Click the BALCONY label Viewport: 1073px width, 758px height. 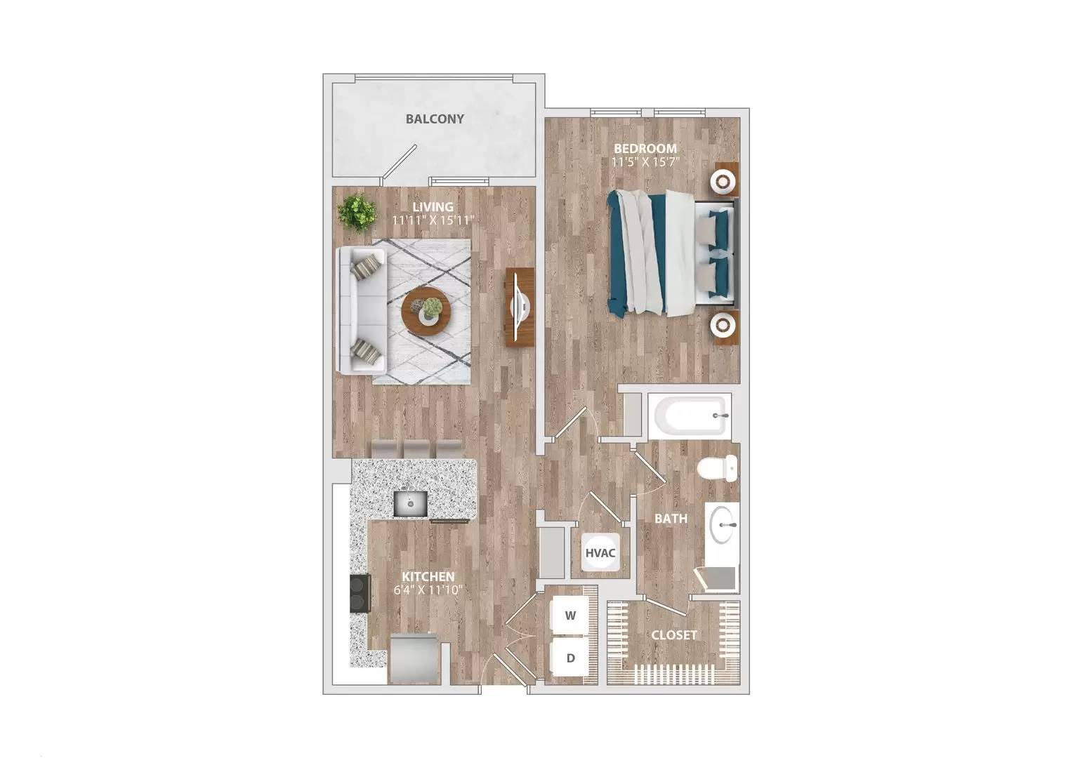point(435,119)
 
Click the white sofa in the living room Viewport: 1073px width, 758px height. point(360,310)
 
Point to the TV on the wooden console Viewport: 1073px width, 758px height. point(520,306)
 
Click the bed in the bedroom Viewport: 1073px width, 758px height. point(671,253)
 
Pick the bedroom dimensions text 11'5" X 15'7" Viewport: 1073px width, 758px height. point(645,162)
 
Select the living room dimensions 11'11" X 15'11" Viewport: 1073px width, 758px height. point(433,220)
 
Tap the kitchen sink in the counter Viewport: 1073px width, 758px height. point(411,503)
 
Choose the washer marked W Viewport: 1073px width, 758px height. point(571,616)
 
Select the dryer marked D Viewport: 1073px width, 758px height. point(571,658)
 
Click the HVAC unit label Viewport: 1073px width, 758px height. point(600,552)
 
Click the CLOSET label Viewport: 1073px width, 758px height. point(674,635)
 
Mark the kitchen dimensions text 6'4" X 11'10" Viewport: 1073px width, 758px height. point(428,590)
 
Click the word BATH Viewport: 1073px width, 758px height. point(671,519)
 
